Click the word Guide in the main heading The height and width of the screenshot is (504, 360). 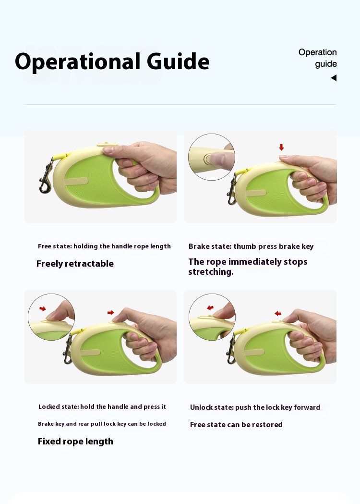click(x=178, y=61)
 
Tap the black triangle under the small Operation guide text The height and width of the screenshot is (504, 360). click(x=334, y=78)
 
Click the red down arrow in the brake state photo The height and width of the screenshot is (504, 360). click(x=281, y=147)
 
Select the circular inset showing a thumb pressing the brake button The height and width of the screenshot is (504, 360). click(x=212, y=157)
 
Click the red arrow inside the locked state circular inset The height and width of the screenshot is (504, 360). click(x=43, y=308)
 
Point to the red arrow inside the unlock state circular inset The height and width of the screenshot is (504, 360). click(x=210, y=307)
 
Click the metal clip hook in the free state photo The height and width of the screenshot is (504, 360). click(x=46, y=176)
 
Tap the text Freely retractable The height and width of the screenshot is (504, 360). click(x=75, y=264)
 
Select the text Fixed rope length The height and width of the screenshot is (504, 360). click(x=75, y=442)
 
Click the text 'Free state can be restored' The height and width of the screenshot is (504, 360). click(x=236, y=425)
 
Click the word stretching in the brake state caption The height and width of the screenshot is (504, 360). click(x=211, y=272)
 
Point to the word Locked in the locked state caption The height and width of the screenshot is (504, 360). click(x=49, y=406)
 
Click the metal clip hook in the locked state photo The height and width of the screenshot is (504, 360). click(x=68, y=350)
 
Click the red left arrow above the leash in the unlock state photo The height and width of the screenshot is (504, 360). click(x=278, y=313)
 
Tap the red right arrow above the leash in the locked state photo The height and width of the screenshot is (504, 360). click(x=111, y=312)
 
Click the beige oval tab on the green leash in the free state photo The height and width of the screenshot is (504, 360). click(x=76, y=181)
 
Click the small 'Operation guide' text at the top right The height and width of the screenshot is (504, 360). click(x=318, y=58)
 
